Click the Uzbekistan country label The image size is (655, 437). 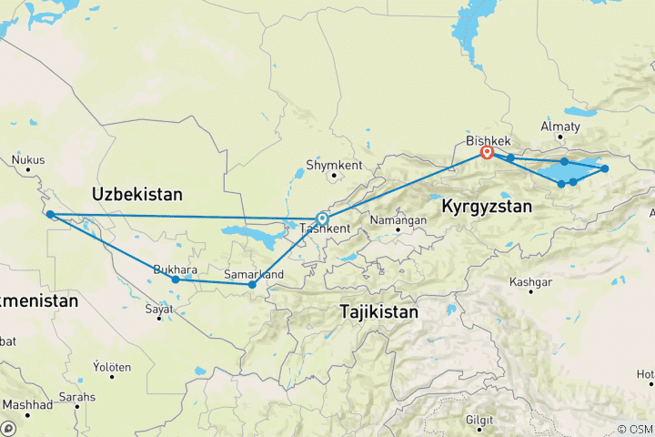(x=137, y=194)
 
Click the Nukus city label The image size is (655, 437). (x=28, y=160)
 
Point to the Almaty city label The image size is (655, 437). (x=559, y=126)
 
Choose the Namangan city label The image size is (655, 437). (x=398, y=220)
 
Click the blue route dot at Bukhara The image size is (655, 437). (x=176, y=279)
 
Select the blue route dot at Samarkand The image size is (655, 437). (x=252, y=285)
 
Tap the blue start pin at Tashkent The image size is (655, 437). (x=322, y=218)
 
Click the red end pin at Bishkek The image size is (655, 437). (x=487, y=152)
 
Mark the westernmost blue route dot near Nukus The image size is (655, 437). (x=51, y=215)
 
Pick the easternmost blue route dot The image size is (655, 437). (x=604, y=168)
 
